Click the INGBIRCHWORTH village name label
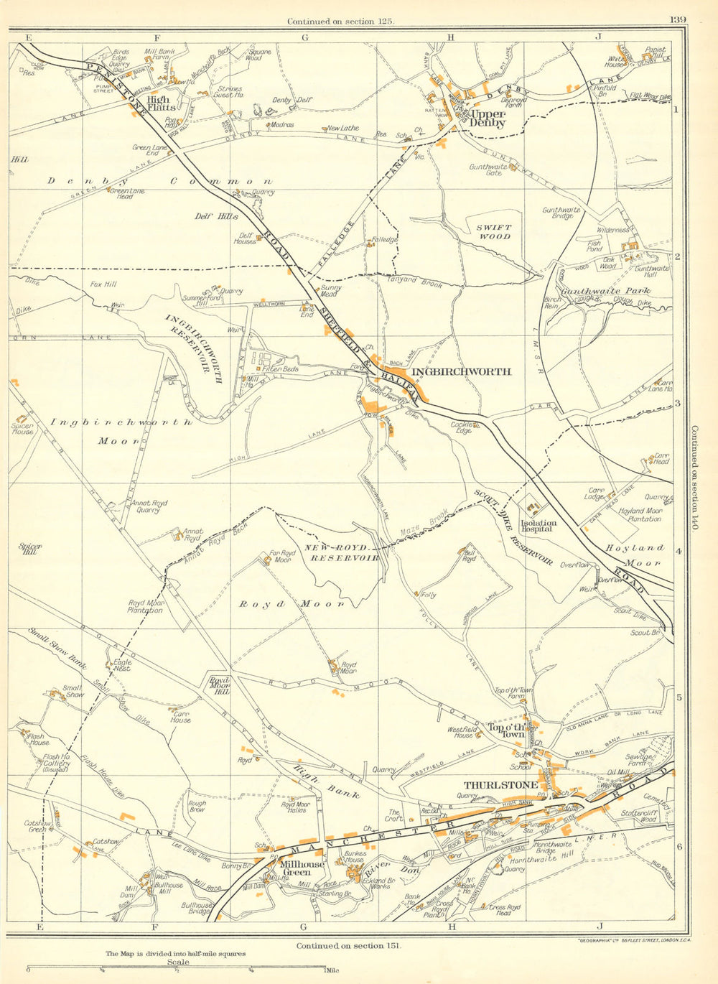[x=471, y=371]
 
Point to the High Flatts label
[x=158, y=103]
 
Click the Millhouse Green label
[x=295, y=868]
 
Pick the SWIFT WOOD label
[x=494, y=231]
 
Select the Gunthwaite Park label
[x=615, y=291]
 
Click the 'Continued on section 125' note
[x=341, y=22]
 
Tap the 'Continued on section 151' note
[x=350, y=946]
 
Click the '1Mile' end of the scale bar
[x=331, y=972]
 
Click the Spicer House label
[x=22, y=428]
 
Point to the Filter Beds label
[x=280, y=369]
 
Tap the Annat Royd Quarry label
[x=149, y=507]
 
